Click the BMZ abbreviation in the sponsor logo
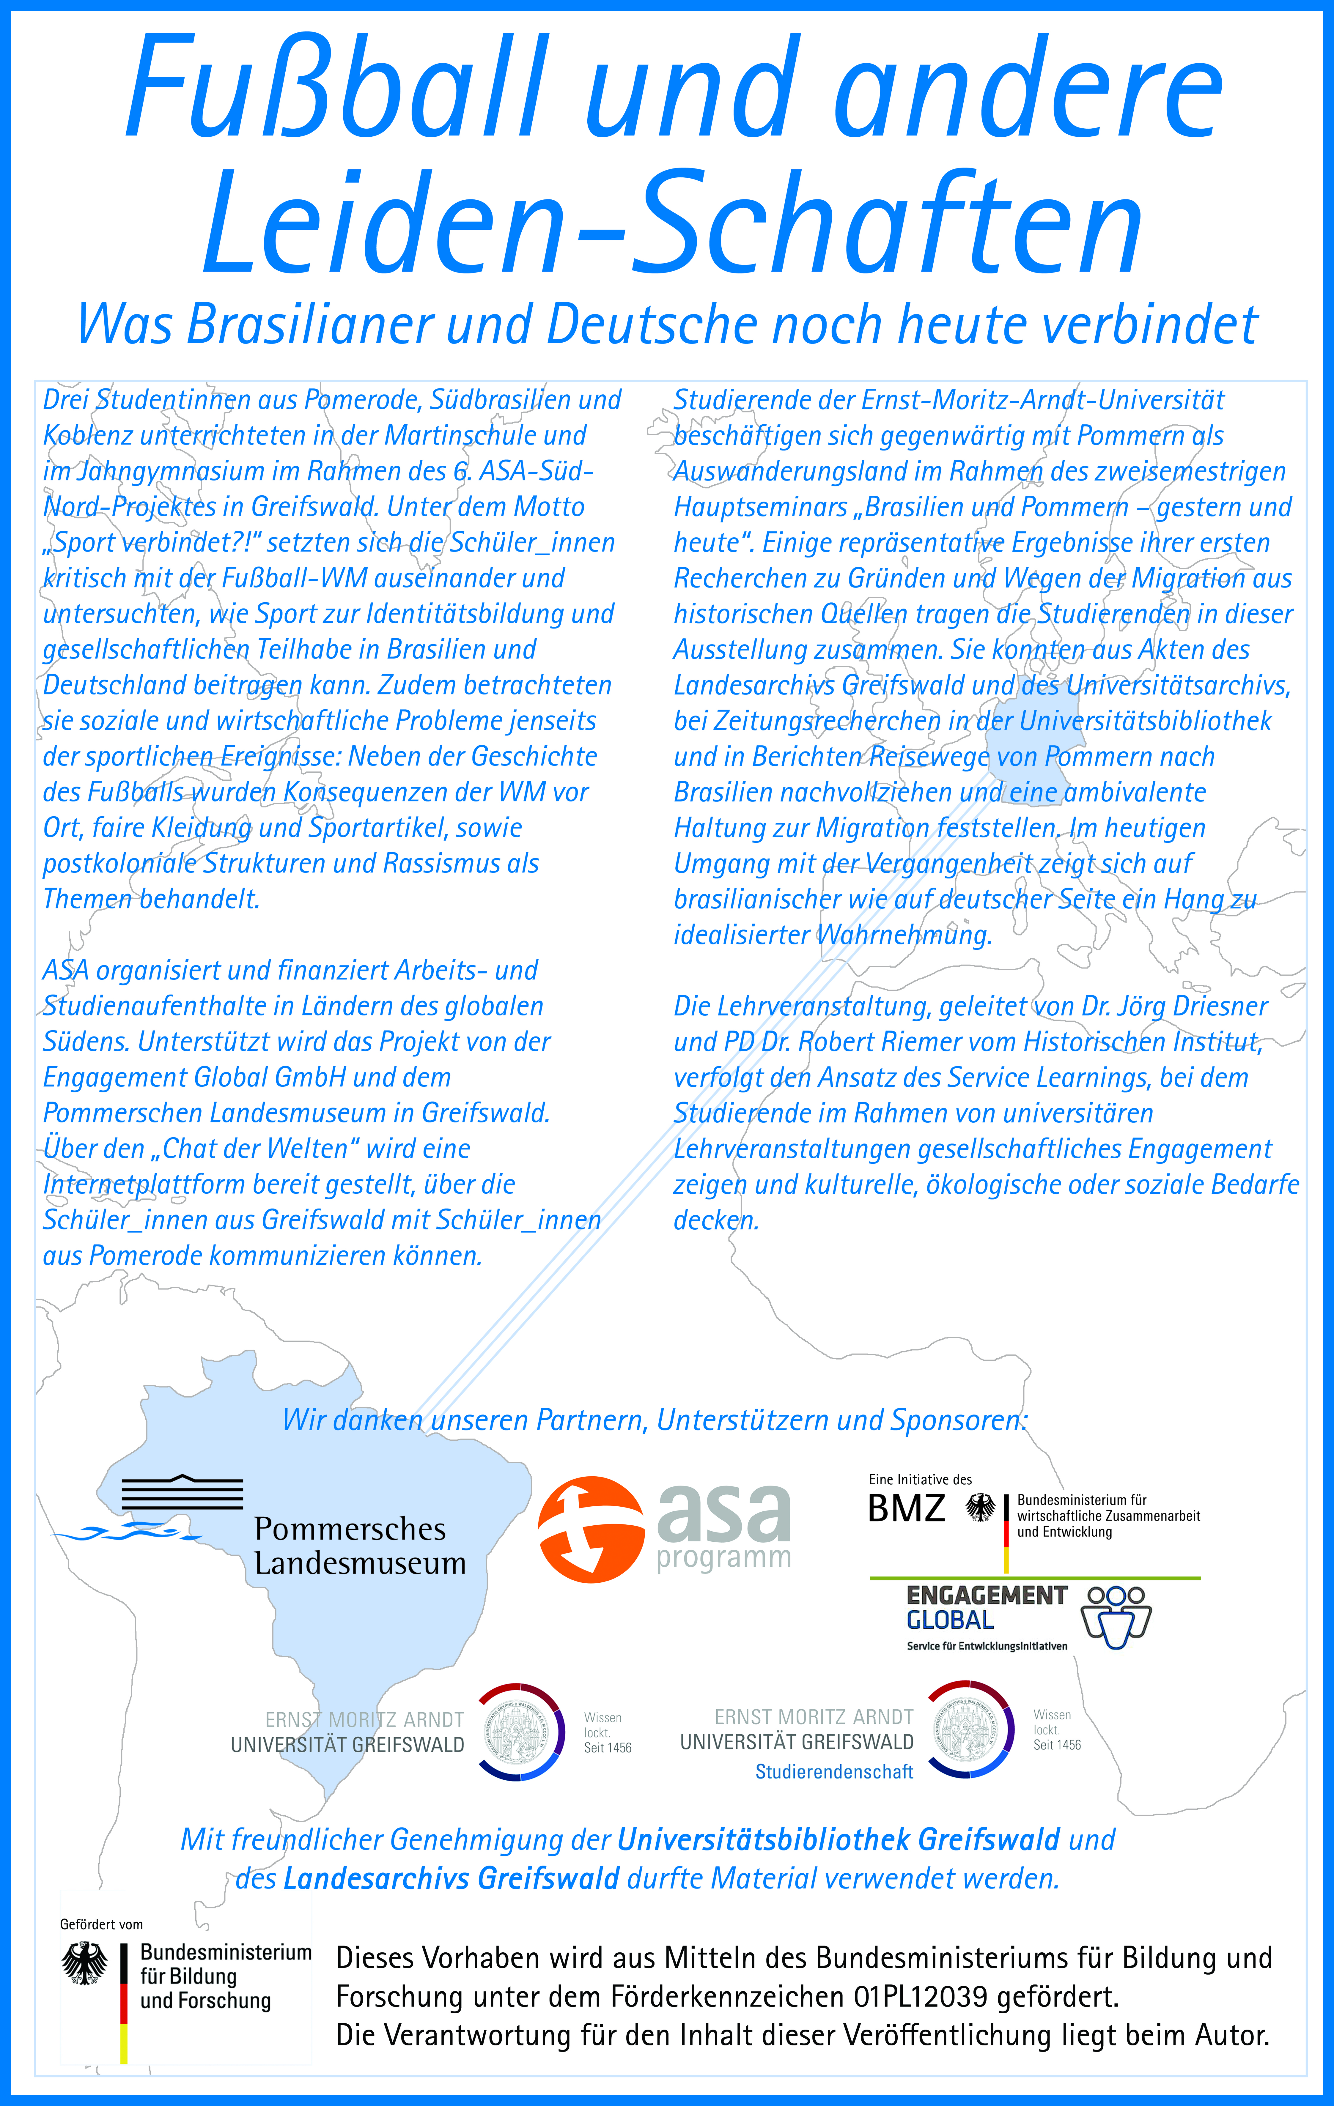pyautogui.click(x=906, y=1509)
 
